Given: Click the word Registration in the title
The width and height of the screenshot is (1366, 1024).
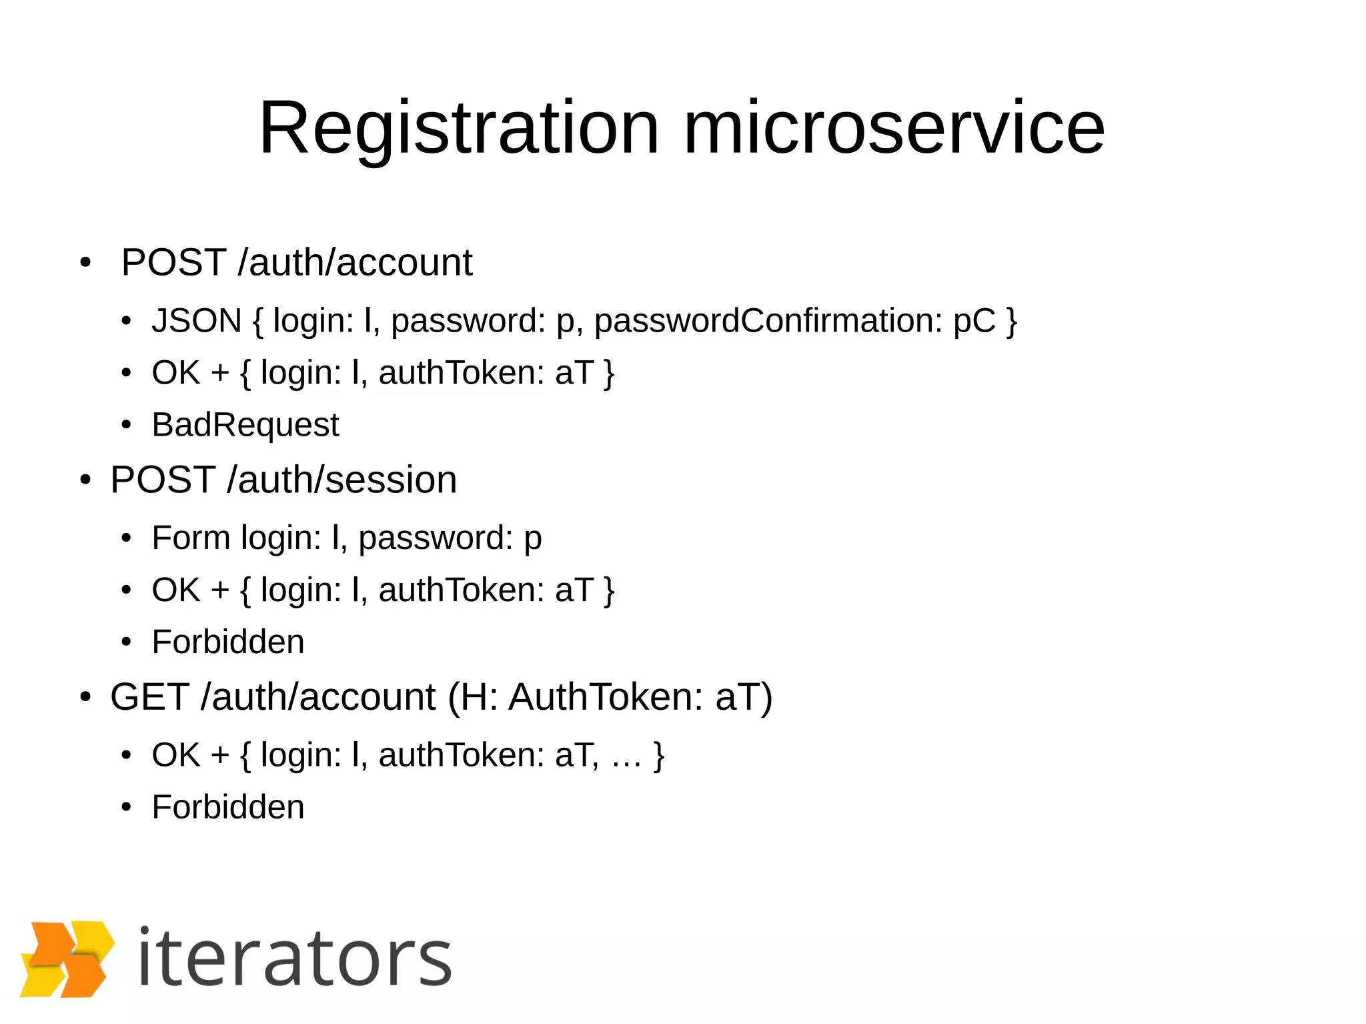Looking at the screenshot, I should click(x=459, y=128).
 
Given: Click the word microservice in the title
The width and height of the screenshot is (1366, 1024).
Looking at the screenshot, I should click(x=894, y=128).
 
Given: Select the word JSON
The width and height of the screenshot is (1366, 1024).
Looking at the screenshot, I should click(x=196, y=321).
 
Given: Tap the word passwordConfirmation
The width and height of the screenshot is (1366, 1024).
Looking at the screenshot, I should click(x=768, y=321).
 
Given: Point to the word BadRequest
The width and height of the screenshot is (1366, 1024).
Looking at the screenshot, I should click(x=245, y=425).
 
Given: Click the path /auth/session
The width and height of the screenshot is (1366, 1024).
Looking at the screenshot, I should click(x=341, y=480).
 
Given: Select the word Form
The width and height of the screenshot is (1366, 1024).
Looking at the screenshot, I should click(x=191, y=538).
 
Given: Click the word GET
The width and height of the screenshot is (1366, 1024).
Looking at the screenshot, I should click(x=149, y=697).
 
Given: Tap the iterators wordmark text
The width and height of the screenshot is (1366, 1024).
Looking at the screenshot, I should click(x=295, y=959).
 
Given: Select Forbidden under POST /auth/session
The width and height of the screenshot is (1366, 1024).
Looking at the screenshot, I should click(x=228, y=642).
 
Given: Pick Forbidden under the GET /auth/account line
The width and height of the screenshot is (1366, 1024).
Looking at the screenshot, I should click(x=228, y=807).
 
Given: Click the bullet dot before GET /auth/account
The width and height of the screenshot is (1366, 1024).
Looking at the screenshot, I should click(x=85, y=698).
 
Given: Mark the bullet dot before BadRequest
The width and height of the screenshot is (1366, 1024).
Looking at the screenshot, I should click(x=126, y=426).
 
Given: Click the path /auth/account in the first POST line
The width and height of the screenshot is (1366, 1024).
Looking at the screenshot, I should click(x=355, y=262).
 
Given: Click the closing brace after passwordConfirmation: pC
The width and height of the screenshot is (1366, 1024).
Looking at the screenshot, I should click(x=1012, y=322).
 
